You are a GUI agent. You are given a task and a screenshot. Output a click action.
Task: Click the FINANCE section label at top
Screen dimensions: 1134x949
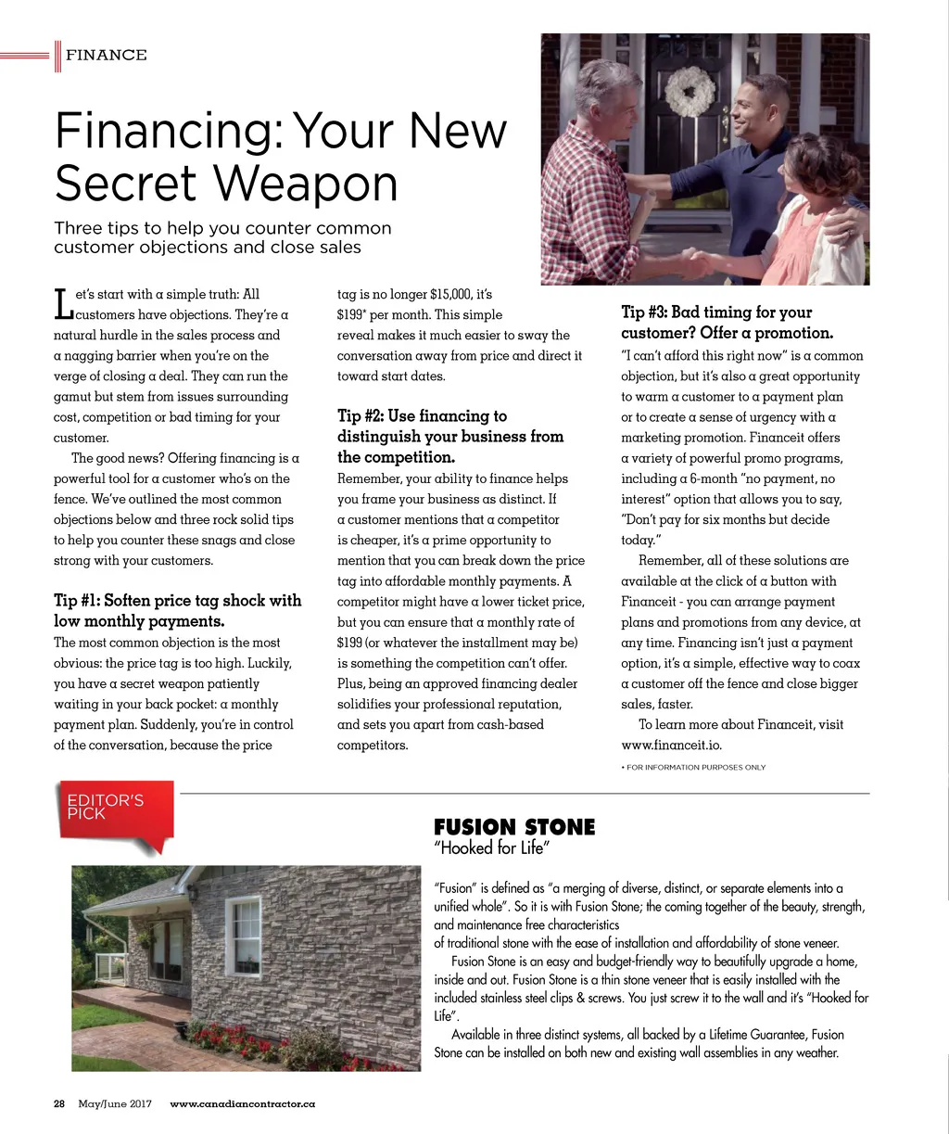click(x=106, y=56)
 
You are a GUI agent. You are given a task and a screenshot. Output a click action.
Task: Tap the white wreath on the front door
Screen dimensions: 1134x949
click(x=690, y=92)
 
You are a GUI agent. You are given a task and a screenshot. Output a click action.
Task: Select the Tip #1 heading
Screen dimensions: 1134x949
click(x=177, y=610)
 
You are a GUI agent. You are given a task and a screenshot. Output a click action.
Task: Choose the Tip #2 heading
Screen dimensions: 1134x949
click(x=450, y=437)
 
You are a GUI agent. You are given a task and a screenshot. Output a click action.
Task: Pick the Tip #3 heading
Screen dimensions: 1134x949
click(x=728, y=323)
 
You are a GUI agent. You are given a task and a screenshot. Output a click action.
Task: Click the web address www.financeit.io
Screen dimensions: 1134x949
click(x=671, y=745)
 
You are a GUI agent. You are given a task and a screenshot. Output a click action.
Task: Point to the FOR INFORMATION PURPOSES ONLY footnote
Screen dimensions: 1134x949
click(x=694, y=767)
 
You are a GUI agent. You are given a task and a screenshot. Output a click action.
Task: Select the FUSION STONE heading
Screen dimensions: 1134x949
click(x=514, y=827)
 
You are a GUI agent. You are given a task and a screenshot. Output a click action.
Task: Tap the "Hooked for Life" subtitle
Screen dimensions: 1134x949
click(x=492, y=847)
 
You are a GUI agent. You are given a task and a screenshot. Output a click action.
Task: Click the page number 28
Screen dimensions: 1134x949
click(x=59, y=1104)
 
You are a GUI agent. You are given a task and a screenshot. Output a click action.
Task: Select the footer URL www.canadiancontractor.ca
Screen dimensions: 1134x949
click(x=243, y=1104)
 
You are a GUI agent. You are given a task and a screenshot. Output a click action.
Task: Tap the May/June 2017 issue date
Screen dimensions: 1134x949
click(x=115, y=1104)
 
